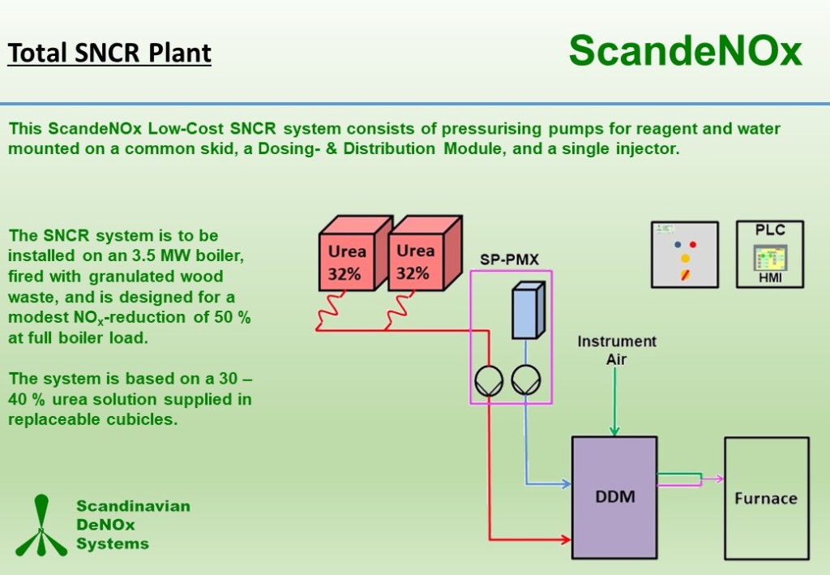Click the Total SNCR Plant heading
109,54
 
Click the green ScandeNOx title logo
686,51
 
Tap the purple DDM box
614,497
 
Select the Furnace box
767,498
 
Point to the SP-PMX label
509,260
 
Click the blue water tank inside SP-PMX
528,311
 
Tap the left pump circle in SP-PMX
489,380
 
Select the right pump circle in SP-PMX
525,380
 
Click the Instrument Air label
617,350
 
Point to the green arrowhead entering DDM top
614,430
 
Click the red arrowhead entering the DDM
565,539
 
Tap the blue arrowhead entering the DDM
565,483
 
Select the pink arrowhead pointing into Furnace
719,478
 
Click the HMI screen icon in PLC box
770,258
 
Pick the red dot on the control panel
693,245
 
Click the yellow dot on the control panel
686,259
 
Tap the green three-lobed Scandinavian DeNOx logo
41,526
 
